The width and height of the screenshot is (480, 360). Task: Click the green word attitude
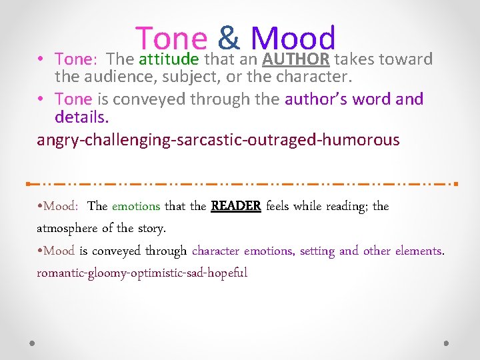[x=169, y=60]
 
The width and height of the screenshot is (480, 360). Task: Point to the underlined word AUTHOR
[x=296, y=60]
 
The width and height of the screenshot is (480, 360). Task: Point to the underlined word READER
[x=236, y=206]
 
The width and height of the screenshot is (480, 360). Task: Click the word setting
[x=317, y=251]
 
